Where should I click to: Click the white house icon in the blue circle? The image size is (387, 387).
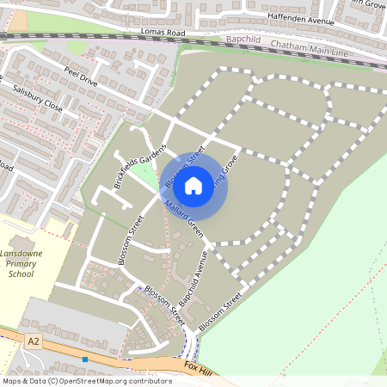pyautogui.click(x=193, y=184)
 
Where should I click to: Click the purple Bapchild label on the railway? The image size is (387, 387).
pyautogui.click(x=244, y=40)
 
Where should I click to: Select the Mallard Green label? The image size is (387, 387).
pyautogui.click(x=182, y=219)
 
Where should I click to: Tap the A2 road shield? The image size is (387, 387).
pyautogui.click(x=34, y=341)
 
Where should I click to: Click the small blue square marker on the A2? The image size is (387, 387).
pyautogui.click(x=85, y=359)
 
